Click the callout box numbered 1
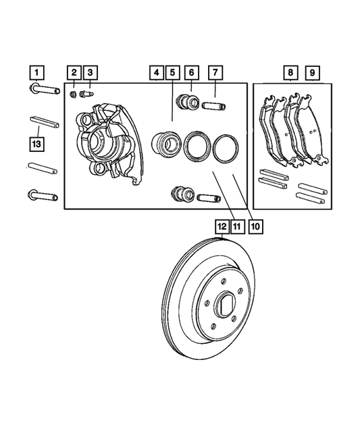pyautogui.click(x=37, y=72)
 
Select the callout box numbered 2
pyautogui.click(x=74, y=72)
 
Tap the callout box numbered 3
pyautogui.click(x=91, y=72)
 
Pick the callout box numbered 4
pyautogui.click(x=156, y=72)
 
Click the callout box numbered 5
pyautogui.click(x=173, y=72)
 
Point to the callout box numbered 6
pyautogui.click(x=192, y=72)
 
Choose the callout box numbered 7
pyautogui.click(x=215, y=72)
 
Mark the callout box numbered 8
pyautogui.click(x=290, y=72)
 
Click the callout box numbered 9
pyautogui.click(x=311, y=72)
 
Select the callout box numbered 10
pyautogui.click(x=255, y=227)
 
